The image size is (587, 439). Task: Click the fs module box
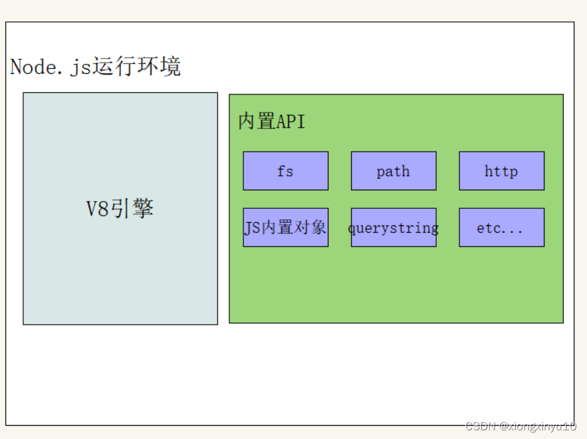point(285,171)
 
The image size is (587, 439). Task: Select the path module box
point(394,171)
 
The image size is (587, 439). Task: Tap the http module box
point(501,171)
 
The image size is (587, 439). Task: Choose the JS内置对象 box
point(285,227)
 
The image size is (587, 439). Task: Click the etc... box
point(501,227)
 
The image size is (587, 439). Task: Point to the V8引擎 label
point(120,209)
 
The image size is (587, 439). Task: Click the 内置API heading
point(271,122)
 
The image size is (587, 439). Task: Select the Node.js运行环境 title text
point(96,67)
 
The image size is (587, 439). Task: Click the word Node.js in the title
point(51,67)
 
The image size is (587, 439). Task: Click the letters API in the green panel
point(291,122)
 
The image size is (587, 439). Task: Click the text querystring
point(394,228)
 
